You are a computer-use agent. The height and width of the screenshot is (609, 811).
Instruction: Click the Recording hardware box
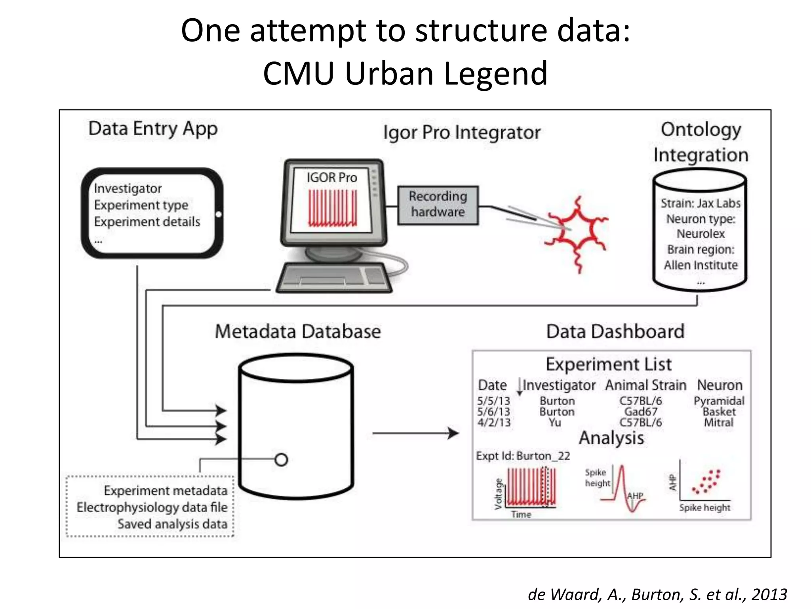438,205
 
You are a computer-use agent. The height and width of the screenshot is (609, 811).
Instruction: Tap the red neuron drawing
576,234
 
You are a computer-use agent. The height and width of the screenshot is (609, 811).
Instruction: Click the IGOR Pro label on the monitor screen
331,177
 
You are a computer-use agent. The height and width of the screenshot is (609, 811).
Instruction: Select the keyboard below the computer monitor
333,278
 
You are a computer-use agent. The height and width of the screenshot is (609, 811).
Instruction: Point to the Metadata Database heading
298,331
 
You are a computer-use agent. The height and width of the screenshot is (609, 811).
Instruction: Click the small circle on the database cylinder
281,460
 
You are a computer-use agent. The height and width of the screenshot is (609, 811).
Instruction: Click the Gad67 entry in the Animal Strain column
640,412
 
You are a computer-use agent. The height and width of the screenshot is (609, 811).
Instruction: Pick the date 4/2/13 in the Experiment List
494,423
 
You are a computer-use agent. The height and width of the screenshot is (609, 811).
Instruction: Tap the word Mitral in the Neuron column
718,423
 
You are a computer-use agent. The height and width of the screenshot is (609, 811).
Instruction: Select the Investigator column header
559,385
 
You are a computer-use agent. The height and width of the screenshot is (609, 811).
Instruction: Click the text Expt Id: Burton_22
523,456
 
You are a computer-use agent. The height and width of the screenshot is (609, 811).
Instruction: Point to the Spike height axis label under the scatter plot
704,507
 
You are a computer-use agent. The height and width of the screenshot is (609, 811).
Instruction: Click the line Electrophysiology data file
152,507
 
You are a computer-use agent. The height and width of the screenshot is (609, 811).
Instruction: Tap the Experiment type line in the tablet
141,205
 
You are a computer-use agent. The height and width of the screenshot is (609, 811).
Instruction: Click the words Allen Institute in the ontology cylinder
701,265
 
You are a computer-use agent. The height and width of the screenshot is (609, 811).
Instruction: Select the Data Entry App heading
153,129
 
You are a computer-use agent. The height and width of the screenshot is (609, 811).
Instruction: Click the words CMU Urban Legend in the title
405,73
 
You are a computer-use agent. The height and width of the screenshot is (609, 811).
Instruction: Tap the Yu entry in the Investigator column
555,423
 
